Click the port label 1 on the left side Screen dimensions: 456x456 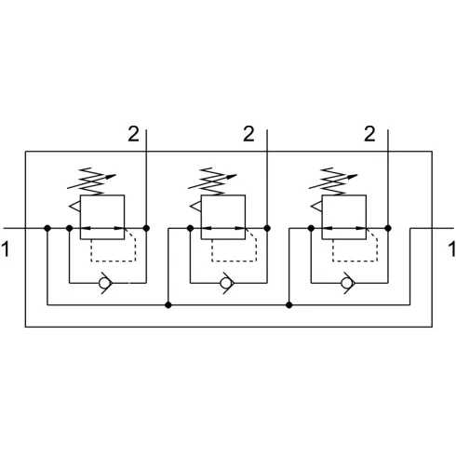tap(6, 249)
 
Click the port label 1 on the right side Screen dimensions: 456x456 tap(452, 249)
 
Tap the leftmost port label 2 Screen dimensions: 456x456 tap(134, 134)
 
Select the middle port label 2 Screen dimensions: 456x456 tap(248, 134)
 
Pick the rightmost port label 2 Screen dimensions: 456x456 tap(369, 134)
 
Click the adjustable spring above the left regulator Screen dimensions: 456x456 tap(92, 181)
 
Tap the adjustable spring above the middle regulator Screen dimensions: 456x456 tap(213, 181)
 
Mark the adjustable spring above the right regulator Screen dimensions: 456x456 tap(334, 181)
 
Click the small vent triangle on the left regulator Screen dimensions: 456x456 tap(74, 207)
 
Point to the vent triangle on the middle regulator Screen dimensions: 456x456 tap(195, 207)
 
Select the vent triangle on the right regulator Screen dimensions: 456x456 tap(316, 207)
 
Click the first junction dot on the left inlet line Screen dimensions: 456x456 tap(47, 228)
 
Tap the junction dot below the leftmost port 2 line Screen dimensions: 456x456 tap(146, 228)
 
